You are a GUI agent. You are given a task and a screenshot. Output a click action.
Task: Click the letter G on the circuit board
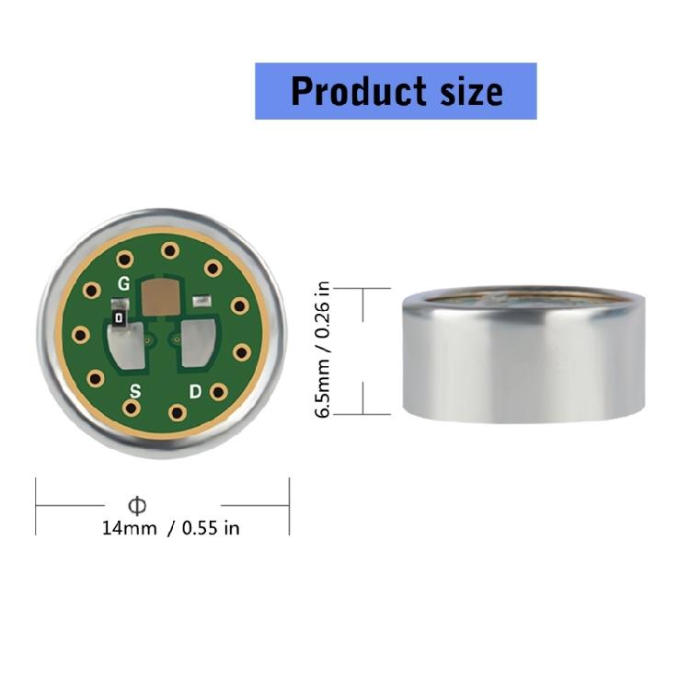coord(123,283)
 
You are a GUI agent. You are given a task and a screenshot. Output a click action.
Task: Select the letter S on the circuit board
coord(135,390)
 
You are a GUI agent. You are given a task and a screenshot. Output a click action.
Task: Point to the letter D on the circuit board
coord(194,391)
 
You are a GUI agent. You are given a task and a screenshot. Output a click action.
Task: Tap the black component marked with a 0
coord(119,317)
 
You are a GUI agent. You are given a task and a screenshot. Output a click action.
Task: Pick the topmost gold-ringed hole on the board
coord(168,250)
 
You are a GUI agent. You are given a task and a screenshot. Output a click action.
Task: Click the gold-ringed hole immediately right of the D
coord(218,391)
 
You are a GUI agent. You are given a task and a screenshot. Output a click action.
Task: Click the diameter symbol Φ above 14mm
coord(137,505)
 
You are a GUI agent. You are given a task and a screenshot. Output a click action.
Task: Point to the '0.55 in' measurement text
coord(211,528)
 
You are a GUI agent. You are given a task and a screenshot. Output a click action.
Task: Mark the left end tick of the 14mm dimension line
coord(36,505)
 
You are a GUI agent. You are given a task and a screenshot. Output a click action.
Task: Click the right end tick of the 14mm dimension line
coord(289,505)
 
